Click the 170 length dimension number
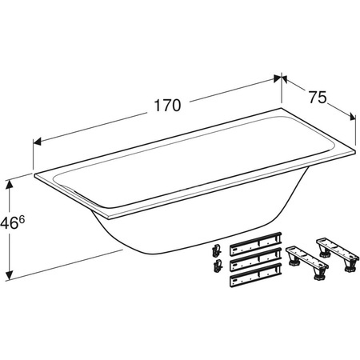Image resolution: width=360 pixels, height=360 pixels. (x=167, y=105)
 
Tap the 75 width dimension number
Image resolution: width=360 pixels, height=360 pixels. (x=318, y=97)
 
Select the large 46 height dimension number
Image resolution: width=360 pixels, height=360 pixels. (x=9, y=224)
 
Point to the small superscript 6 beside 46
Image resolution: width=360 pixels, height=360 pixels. (x=22, y=220)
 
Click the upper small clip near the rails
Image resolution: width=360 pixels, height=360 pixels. (x=217, y=250)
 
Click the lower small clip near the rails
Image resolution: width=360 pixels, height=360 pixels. (x=217, y=266)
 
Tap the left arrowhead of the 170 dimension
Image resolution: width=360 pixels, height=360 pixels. (x=37, y=142)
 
